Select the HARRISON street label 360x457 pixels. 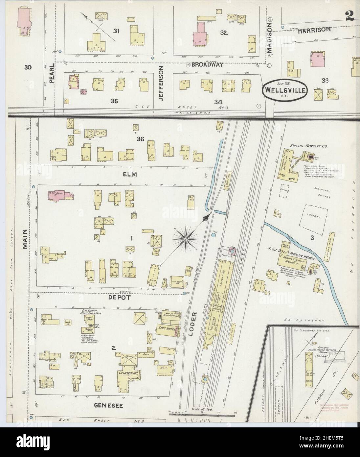click(314, 30)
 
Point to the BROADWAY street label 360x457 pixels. click(207, 65)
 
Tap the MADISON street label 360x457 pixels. click(270, 37)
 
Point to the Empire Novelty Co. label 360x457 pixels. click(305, 145)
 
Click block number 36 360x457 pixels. click(141, 139)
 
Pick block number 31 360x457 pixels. click(116, 31)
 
